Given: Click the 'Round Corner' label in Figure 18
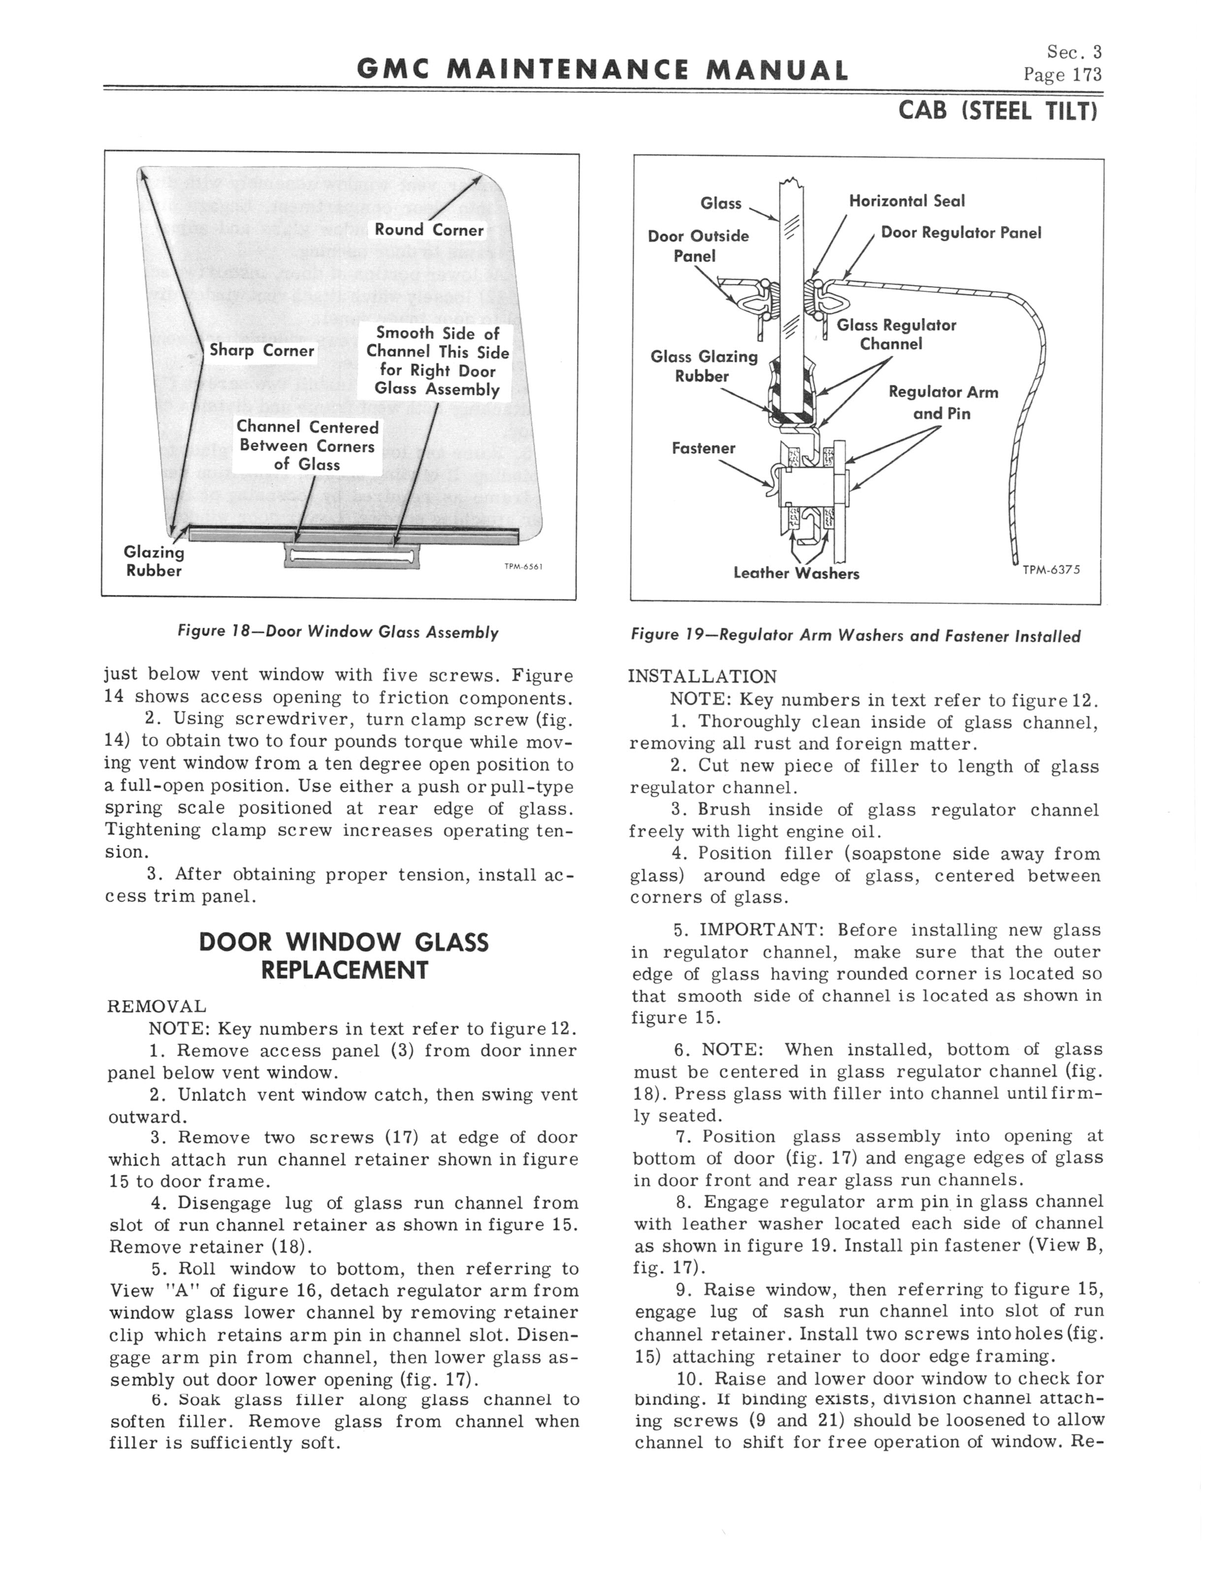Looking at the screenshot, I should point(429,230).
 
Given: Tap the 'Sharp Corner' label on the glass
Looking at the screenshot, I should point(261,351).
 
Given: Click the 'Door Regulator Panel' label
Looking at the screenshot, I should point(961,232).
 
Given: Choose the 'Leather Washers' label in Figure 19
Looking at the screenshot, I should point(796,573).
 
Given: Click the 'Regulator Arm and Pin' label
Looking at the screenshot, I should point(943,403).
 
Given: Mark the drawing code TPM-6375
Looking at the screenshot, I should point(1051,570).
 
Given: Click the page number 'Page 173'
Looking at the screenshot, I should point(1062,75).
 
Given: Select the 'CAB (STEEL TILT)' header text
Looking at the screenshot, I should point(997,111).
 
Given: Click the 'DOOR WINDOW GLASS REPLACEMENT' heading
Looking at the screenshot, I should point(344,956).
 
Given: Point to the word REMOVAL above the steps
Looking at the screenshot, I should point(156,1006).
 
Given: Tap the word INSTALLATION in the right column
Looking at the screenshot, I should point(702,677).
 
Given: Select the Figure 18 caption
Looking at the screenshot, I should point(338,632).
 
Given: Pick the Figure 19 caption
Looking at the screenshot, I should point(855,637).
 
